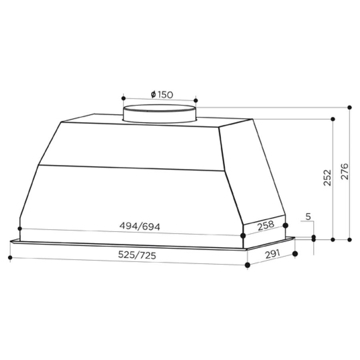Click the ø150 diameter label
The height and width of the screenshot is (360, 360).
162,94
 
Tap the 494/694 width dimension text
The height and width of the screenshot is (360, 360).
140,227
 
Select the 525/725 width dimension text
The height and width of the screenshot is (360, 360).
137,255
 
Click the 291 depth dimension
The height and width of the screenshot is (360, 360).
273,254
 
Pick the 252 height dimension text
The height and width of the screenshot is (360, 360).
327,178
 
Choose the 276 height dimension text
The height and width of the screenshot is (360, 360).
345,172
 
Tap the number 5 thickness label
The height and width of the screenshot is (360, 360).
308,216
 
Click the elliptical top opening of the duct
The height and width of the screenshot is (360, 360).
160,108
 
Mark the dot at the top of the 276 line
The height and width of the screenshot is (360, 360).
350,108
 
